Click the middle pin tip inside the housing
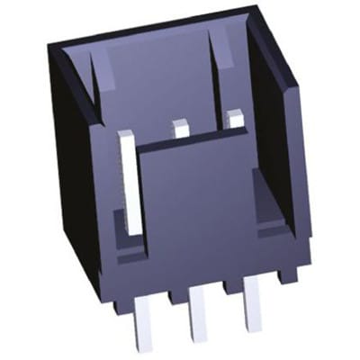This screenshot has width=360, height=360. tap(182, 129)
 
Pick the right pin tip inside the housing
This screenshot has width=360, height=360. tap(236, 118)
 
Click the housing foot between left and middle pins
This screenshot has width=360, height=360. tap(172, 298)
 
